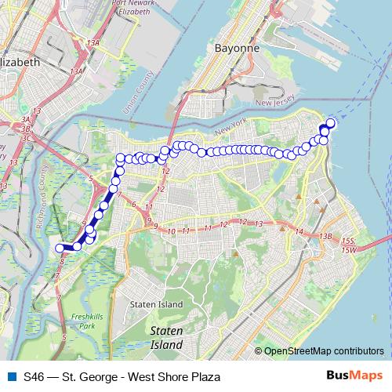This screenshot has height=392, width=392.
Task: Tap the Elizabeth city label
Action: (x=21, y=61)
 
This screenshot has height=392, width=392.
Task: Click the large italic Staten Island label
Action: (x=166, y=339)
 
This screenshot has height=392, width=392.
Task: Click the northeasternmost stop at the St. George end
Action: (x=330, y=123)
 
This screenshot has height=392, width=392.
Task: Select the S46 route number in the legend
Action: (x=34, y=376)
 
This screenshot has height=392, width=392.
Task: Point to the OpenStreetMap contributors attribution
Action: (x=324, y=351)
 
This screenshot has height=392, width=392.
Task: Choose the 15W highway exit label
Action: (x=348, y=249)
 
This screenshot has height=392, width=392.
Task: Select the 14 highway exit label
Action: (x=299, y=231)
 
